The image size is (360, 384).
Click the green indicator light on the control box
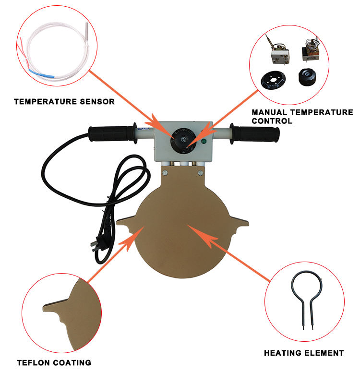tap(204, 142)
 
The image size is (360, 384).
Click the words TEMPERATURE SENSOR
tap(64, 102)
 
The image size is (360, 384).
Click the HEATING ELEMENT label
tap(304, 353)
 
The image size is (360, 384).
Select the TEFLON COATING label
tap(54, 362)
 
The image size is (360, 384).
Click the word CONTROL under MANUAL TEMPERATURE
tap(272, 121)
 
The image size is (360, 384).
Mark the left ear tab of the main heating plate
tap(127, 222)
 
